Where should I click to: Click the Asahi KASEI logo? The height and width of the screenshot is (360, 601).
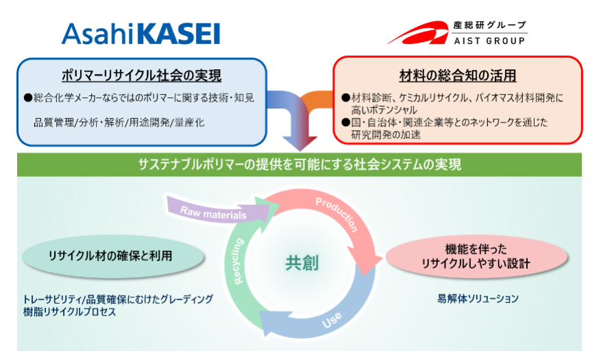pos(140,34)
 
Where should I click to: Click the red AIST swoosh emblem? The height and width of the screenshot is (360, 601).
pos(417,33)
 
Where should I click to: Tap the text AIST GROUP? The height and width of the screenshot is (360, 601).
pos(489,40)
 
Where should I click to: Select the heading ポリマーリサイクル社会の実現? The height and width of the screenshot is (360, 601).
pos(141,75)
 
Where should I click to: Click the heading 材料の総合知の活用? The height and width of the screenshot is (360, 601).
pos(458,75)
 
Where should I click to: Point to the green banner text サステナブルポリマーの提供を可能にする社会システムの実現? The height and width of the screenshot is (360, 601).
pos(299,165)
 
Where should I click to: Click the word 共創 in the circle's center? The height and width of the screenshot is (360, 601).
pos(302,263)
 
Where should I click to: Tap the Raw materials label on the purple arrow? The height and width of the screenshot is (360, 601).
pos(213,213)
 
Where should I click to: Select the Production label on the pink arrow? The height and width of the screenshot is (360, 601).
pos(337,215)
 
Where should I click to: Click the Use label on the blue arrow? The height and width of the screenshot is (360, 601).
pos(332,320)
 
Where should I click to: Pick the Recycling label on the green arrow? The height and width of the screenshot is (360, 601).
pos(238,261)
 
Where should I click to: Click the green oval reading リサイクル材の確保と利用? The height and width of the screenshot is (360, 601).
pos(113,256)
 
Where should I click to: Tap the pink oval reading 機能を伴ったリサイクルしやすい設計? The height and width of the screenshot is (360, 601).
pos(476,256)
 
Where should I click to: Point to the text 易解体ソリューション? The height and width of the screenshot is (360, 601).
pos(478,299)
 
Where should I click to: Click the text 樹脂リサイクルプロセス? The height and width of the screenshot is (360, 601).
pos(69,312)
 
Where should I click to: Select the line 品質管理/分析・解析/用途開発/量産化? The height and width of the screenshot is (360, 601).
pos(119,123)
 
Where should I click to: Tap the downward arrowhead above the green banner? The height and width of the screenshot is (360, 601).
pos(300,143)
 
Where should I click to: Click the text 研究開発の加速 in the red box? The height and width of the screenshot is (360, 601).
pos(386,134)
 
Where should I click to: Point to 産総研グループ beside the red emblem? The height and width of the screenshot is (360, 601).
pos(489,25)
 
